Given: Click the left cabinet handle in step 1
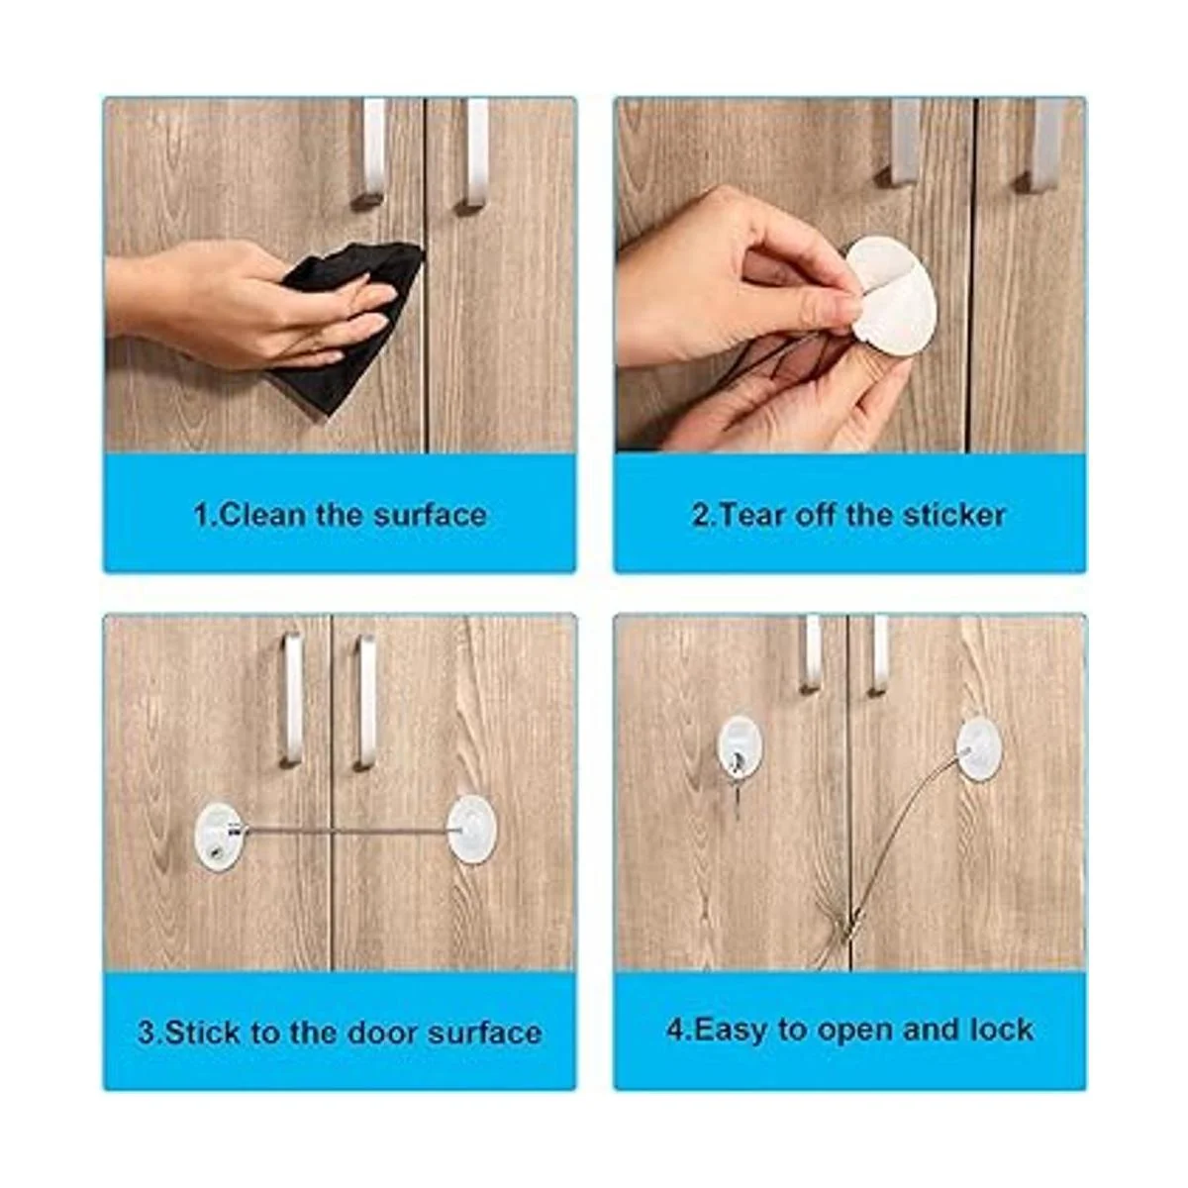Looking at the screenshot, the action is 371,154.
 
